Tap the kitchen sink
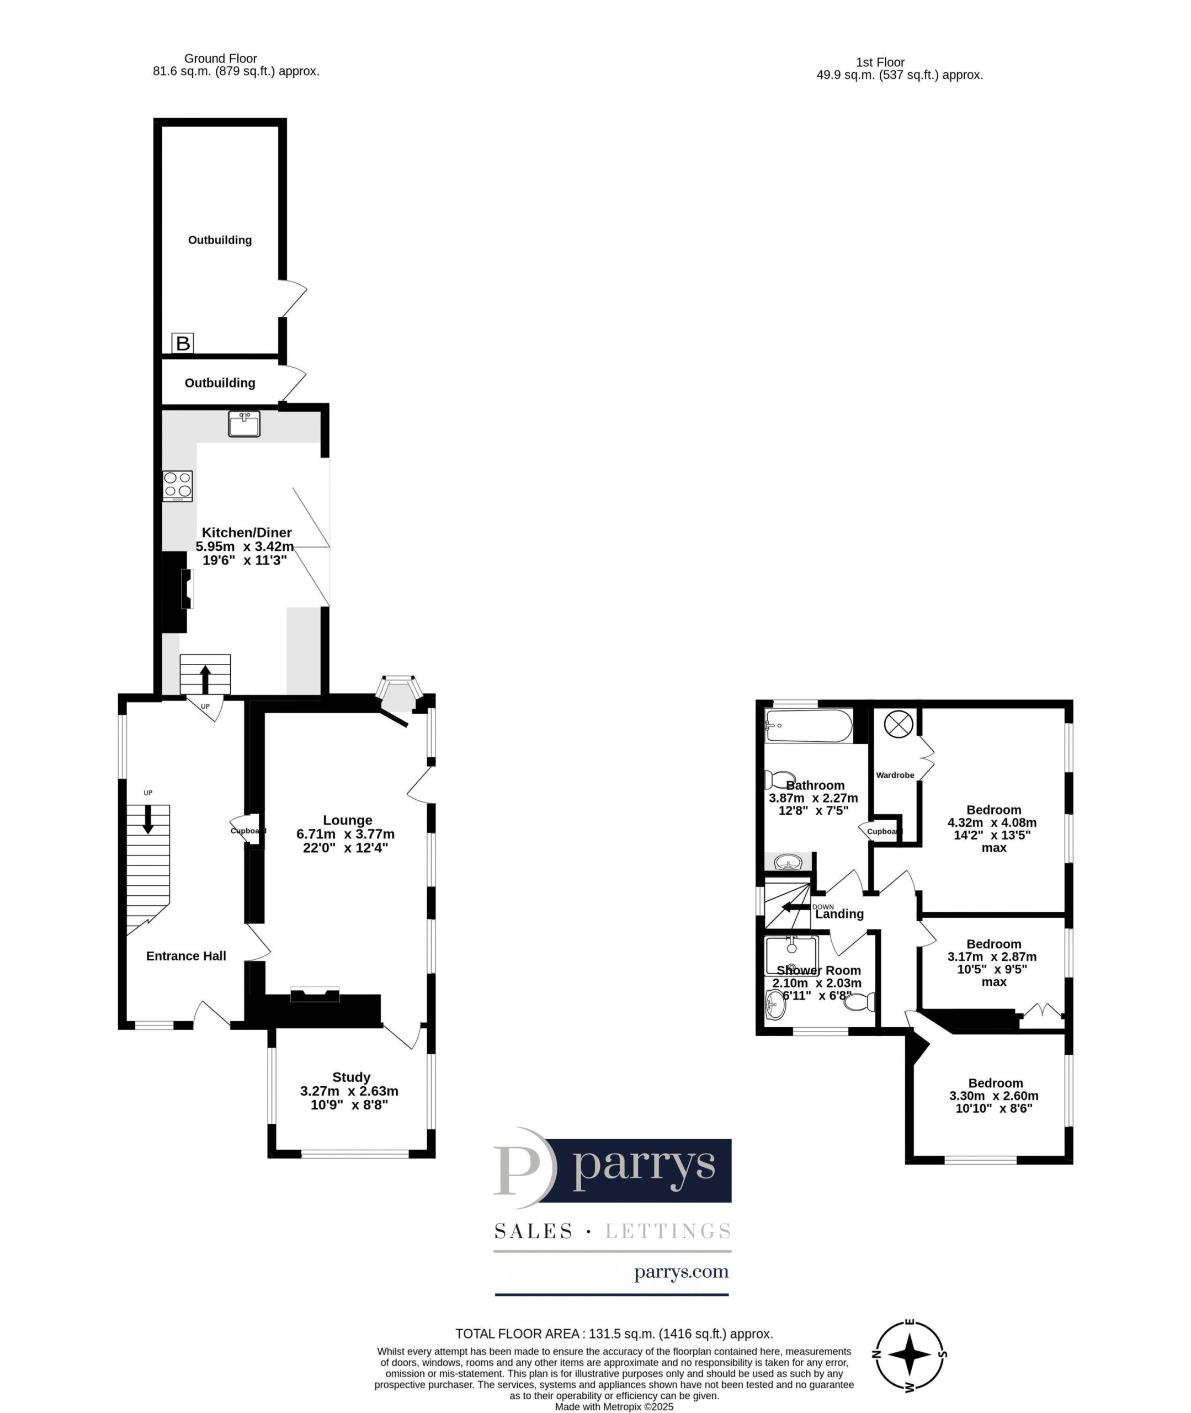(x=244, y=423)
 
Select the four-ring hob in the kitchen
(x=178, y=486)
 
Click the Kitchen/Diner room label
(x=247, y=533)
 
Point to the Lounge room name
(x=348, y=820)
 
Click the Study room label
(x=351, y=1077)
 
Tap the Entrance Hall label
(x=187, y=955)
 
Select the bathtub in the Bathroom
(x=809, y=726)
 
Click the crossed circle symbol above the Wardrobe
(x=898, y=724)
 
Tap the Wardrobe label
(x=895, y=775)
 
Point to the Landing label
(x=839, y=914)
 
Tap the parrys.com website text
(x=681, y=1273)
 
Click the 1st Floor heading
(x=880, y=62)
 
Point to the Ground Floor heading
(x=221, y=59)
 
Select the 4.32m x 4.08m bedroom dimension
(x=992, y=822)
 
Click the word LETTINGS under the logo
(x=668, y=1231)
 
